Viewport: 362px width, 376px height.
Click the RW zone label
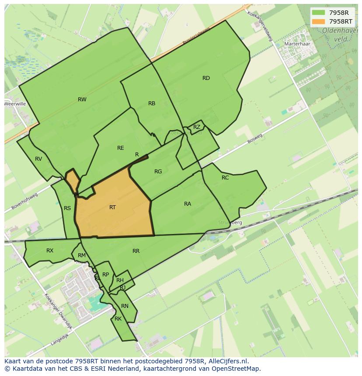82,100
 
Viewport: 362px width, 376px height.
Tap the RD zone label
206,78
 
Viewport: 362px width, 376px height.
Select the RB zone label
152,103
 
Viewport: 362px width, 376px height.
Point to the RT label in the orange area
112,207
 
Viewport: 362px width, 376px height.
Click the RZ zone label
197,127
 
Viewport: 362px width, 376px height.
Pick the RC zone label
225,178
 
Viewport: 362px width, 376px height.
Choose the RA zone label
188,204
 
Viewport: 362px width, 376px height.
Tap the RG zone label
158,172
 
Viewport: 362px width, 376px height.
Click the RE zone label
121,148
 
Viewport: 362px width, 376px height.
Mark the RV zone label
38,159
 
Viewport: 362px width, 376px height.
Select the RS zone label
67,208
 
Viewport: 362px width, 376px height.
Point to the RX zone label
50,251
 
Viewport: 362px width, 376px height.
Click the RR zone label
136,251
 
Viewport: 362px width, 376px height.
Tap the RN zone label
125,306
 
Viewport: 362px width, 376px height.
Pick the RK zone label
118,319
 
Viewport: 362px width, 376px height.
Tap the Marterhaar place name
297,44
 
